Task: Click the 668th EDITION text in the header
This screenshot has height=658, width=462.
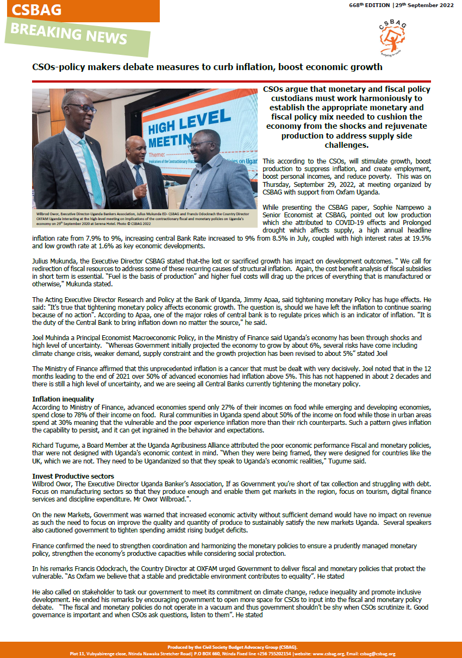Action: (370, 5)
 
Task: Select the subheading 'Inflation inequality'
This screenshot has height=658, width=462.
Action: (63, 399)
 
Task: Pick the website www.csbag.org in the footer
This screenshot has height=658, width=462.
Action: (328, 654)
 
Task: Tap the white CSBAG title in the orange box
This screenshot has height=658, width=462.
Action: (37, 10)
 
